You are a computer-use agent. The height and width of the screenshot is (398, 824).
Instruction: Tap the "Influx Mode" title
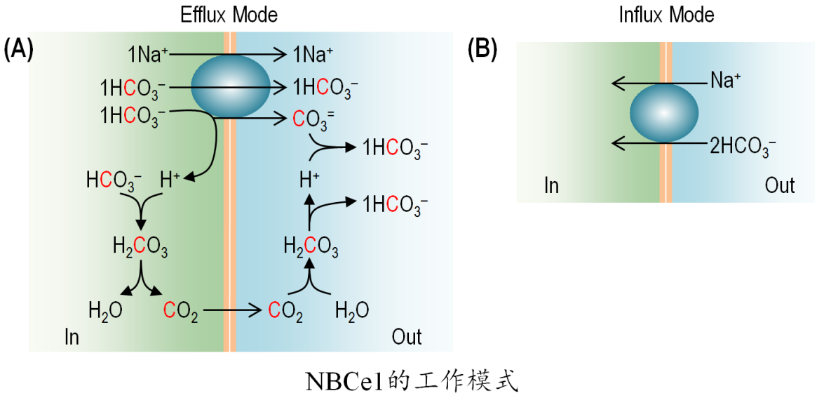pos(666,14)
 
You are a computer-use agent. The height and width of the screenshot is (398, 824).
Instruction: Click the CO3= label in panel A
pos(308,119)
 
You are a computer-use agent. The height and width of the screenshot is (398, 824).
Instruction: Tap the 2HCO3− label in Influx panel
pos(743,145)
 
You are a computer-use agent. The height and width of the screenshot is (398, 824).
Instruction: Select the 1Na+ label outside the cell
pos(312,53)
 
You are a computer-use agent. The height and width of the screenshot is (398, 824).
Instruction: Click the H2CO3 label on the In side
pos(140,246)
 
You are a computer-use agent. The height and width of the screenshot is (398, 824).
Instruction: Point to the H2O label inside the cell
pos(105,310)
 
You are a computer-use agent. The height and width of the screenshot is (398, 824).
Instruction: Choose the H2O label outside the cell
pos(351,310)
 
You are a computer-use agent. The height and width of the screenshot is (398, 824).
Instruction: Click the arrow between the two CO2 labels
pos(231,309)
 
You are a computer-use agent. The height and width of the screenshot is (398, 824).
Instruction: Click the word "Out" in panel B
pos(779,185)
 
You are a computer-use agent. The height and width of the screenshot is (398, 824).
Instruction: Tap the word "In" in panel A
pos(72,337)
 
